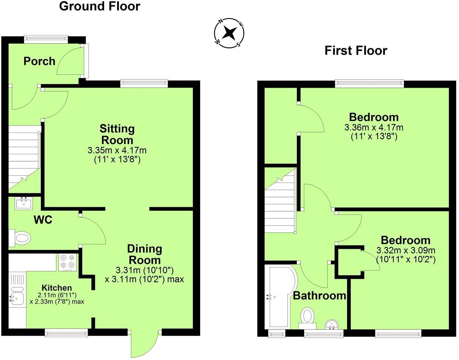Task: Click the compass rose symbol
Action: (x=230, y=33)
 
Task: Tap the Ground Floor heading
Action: (x=99, y=6)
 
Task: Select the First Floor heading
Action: (x=356, y=50)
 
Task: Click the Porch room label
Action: (x=39, y=61)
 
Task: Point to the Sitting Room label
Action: (x=117, y=134)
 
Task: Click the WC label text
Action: (x=43, y=220)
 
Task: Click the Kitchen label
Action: (x=57, y=288)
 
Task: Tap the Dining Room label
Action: (x=145, y=254)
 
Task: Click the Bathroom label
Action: (x=319, y=296)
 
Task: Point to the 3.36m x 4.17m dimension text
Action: (x=374, y=128)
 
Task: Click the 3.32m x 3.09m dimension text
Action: (x=406, y=250)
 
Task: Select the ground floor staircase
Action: (x=24, y=158)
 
